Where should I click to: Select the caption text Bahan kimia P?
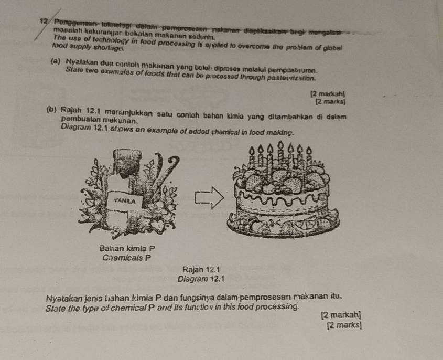click(127, 248)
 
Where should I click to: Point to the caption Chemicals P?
click(127, 258)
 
